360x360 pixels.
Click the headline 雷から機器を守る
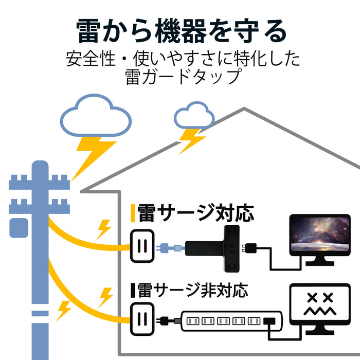pyautogui.click(x=180, y=32)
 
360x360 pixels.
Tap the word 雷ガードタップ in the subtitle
pyautogui.click(x=183, y=77)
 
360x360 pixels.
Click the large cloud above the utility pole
pyautogui.click(x=96, y=116)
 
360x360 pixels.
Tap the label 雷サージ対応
pyautogui.click(x=195, y=213)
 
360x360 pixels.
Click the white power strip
pyautogui.click(x=231, y=321)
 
